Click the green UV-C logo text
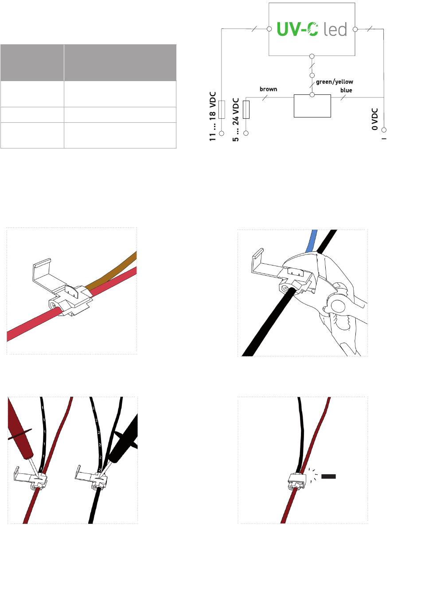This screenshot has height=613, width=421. [297, 29]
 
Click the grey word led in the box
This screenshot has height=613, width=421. [335, 29]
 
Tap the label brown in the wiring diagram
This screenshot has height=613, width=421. [269, 89]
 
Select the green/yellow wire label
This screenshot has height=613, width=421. [334, 82]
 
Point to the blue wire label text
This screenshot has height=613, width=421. [346, 90]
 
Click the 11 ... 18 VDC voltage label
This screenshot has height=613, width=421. [213, 117]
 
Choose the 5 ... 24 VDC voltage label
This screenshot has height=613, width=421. [235, 120]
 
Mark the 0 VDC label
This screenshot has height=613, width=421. [375, 119]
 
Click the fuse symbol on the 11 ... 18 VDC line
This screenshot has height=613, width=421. [222, 109]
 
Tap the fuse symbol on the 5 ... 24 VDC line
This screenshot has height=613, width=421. [246, 109]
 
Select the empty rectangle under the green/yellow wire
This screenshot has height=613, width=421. [312, 106]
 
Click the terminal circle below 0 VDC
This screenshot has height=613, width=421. [384, 130]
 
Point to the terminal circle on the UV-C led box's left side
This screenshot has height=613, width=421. [269, 29]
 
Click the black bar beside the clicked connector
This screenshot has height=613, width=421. [328, 476]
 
